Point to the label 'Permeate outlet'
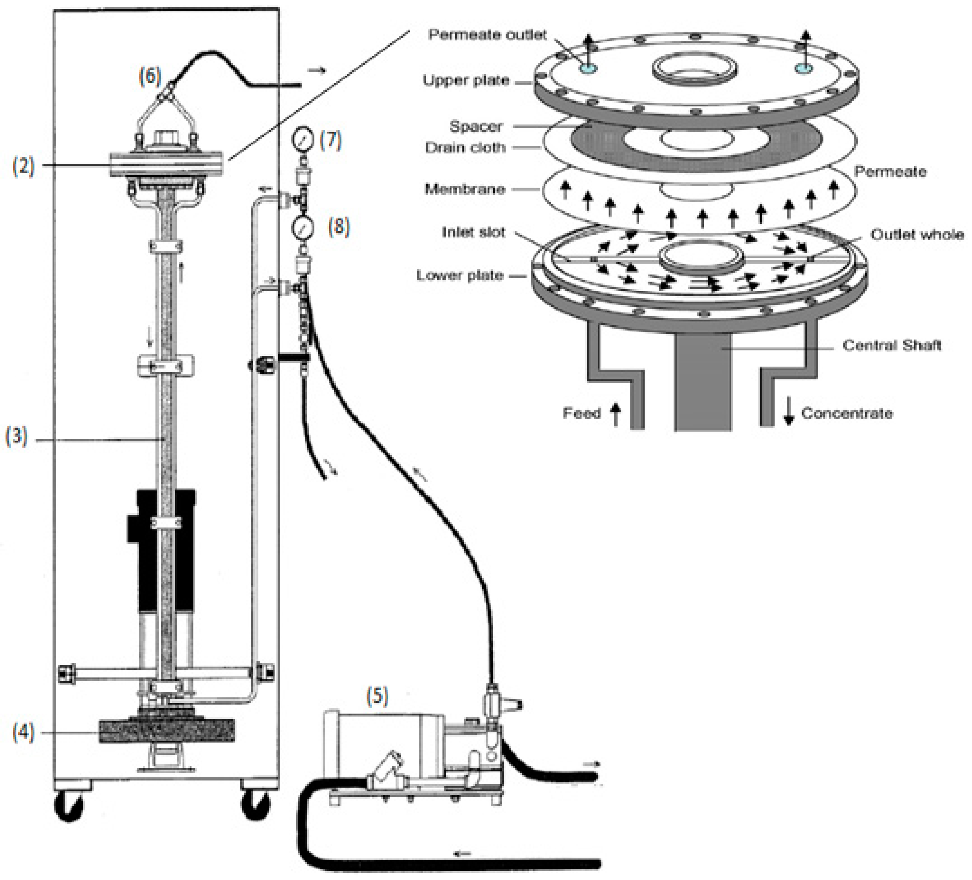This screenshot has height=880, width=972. point(487,35)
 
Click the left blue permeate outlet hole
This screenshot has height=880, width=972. point(588,68)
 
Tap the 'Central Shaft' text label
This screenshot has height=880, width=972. point(891,345)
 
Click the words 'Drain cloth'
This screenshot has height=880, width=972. point(465,148)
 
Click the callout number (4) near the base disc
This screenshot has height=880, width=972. point(23,733)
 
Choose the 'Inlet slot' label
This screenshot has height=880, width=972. point(473,233)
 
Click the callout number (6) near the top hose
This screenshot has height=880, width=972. point(150,77)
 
